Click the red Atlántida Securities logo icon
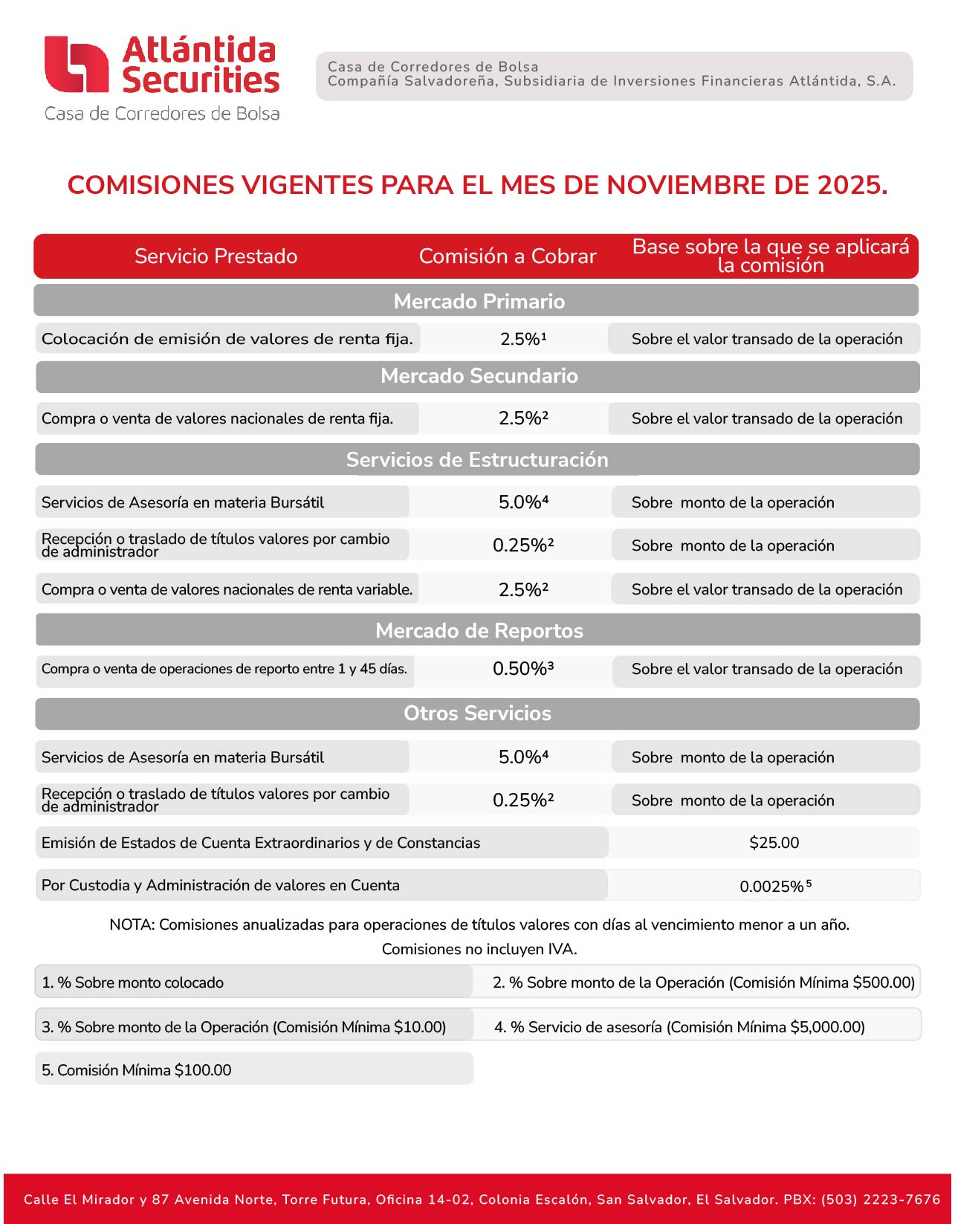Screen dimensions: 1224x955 click(77, 65)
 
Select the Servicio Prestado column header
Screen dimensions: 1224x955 click(216, 256)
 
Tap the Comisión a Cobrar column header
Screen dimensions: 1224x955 click(508, 256)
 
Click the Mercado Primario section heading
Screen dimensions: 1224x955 click(479, 301)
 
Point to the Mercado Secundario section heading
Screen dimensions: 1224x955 click(479, 376)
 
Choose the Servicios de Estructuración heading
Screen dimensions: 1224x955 click(477, 460)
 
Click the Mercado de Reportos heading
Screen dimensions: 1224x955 click(479, 631)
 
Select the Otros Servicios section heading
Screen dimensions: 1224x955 click(477, 713)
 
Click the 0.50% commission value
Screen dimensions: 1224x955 click(522, 669)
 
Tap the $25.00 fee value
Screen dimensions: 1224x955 click(774, 843)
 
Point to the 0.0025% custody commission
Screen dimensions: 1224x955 click(775, 886)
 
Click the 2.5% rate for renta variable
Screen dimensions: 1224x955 click(522, 590)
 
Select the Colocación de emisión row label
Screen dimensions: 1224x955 click(227, 339)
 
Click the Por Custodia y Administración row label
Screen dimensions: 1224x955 click(220, 885)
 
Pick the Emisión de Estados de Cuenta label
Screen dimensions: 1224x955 click(260, 843)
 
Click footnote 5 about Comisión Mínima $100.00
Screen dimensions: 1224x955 click(137, 1070)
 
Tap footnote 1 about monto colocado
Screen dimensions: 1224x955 click(133, 982)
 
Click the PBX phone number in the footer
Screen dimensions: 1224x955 click(881, 1199)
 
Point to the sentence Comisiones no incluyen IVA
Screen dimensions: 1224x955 click(479, 949)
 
